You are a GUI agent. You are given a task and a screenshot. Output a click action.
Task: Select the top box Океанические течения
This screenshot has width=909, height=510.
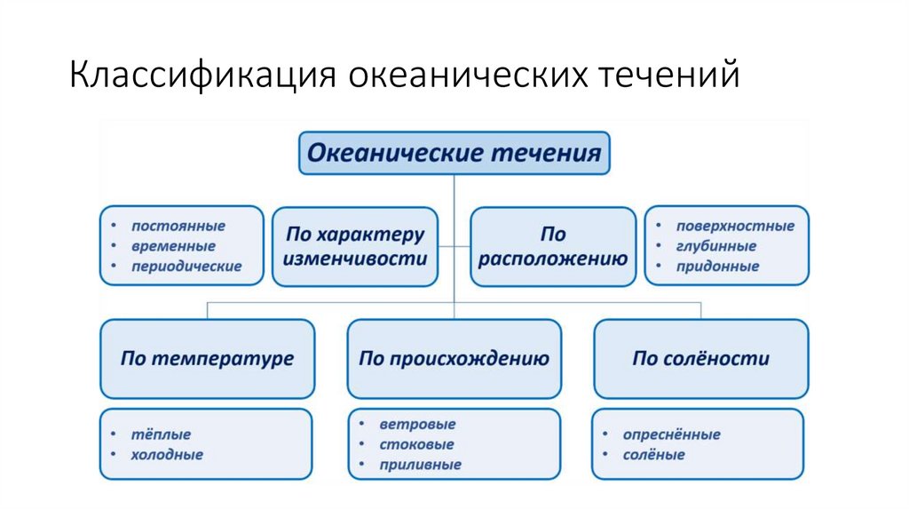coord(454,153)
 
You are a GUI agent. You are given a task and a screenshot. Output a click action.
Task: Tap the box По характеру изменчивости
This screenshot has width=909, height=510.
coord(355,247)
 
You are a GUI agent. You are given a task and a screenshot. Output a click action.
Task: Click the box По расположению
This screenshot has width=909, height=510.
coord(553,247)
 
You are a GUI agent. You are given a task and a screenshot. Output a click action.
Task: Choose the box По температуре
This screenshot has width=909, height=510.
coord(207,359)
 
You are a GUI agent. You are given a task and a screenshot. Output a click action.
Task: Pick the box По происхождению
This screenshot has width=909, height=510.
coord(454,359)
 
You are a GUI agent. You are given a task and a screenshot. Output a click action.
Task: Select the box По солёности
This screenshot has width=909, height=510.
coord(700,359)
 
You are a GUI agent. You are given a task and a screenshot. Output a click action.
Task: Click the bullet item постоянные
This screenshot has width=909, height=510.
coord(178,226)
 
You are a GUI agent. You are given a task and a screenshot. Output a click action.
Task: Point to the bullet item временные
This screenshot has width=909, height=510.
coord(173,246)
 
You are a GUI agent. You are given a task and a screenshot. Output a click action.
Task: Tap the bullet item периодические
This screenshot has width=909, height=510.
coord(186,267)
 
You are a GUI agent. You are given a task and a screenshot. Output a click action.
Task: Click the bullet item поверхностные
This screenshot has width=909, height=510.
coord(735,226)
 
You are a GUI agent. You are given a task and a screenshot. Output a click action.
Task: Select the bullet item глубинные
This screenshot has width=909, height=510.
coord(715,246)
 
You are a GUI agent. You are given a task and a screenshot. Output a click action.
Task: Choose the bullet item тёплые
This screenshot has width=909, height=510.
coord(161,434)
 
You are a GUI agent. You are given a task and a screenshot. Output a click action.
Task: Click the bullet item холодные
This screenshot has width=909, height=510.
coord(167,455)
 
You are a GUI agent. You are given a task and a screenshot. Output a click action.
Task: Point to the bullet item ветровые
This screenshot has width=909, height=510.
coord(417,425)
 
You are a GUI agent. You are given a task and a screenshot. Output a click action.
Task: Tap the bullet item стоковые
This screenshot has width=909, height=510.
coord(416,444)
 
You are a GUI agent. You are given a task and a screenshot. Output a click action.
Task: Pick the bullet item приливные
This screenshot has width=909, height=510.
coord(420,465)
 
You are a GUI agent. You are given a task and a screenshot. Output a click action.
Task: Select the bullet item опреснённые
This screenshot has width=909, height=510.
coord(671,434)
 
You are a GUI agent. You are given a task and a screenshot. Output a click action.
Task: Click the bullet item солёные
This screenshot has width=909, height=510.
coord(654,455)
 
